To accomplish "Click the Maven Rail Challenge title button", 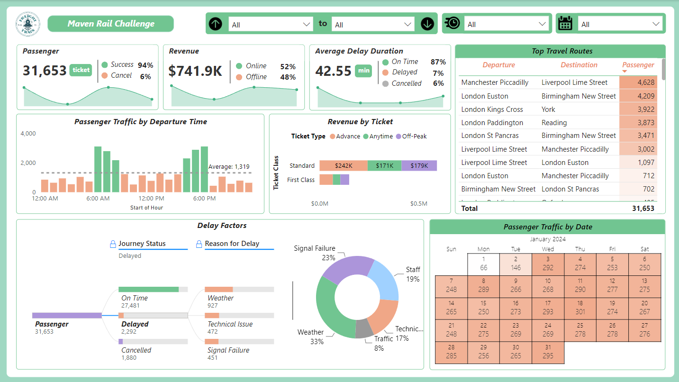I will [111, 24].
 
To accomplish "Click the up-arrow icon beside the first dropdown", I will [216, 24].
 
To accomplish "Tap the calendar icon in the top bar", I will [565, 24].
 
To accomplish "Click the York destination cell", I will [549, 109].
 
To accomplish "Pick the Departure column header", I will [498, 65].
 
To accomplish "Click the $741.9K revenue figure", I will [195, 71].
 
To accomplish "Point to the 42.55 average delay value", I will [334, 71].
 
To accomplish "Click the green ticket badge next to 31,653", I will [81, 70].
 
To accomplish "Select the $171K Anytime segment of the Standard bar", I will [384, 166].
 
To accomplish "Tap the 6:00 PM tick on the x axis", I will [205, 198].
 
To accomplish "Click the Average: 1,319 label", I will [229, 167].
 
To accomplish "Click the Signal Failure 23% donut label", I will [315, 253].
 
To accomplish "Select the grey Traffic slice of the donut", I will [364, 328].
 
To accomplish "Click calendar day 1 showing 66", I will [483, 264].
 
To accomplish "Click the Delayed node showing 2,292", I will [135, 324].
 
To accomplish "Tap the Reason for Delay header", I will [232, 244].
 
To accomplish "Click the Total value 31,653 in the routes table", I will [643, 209].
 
